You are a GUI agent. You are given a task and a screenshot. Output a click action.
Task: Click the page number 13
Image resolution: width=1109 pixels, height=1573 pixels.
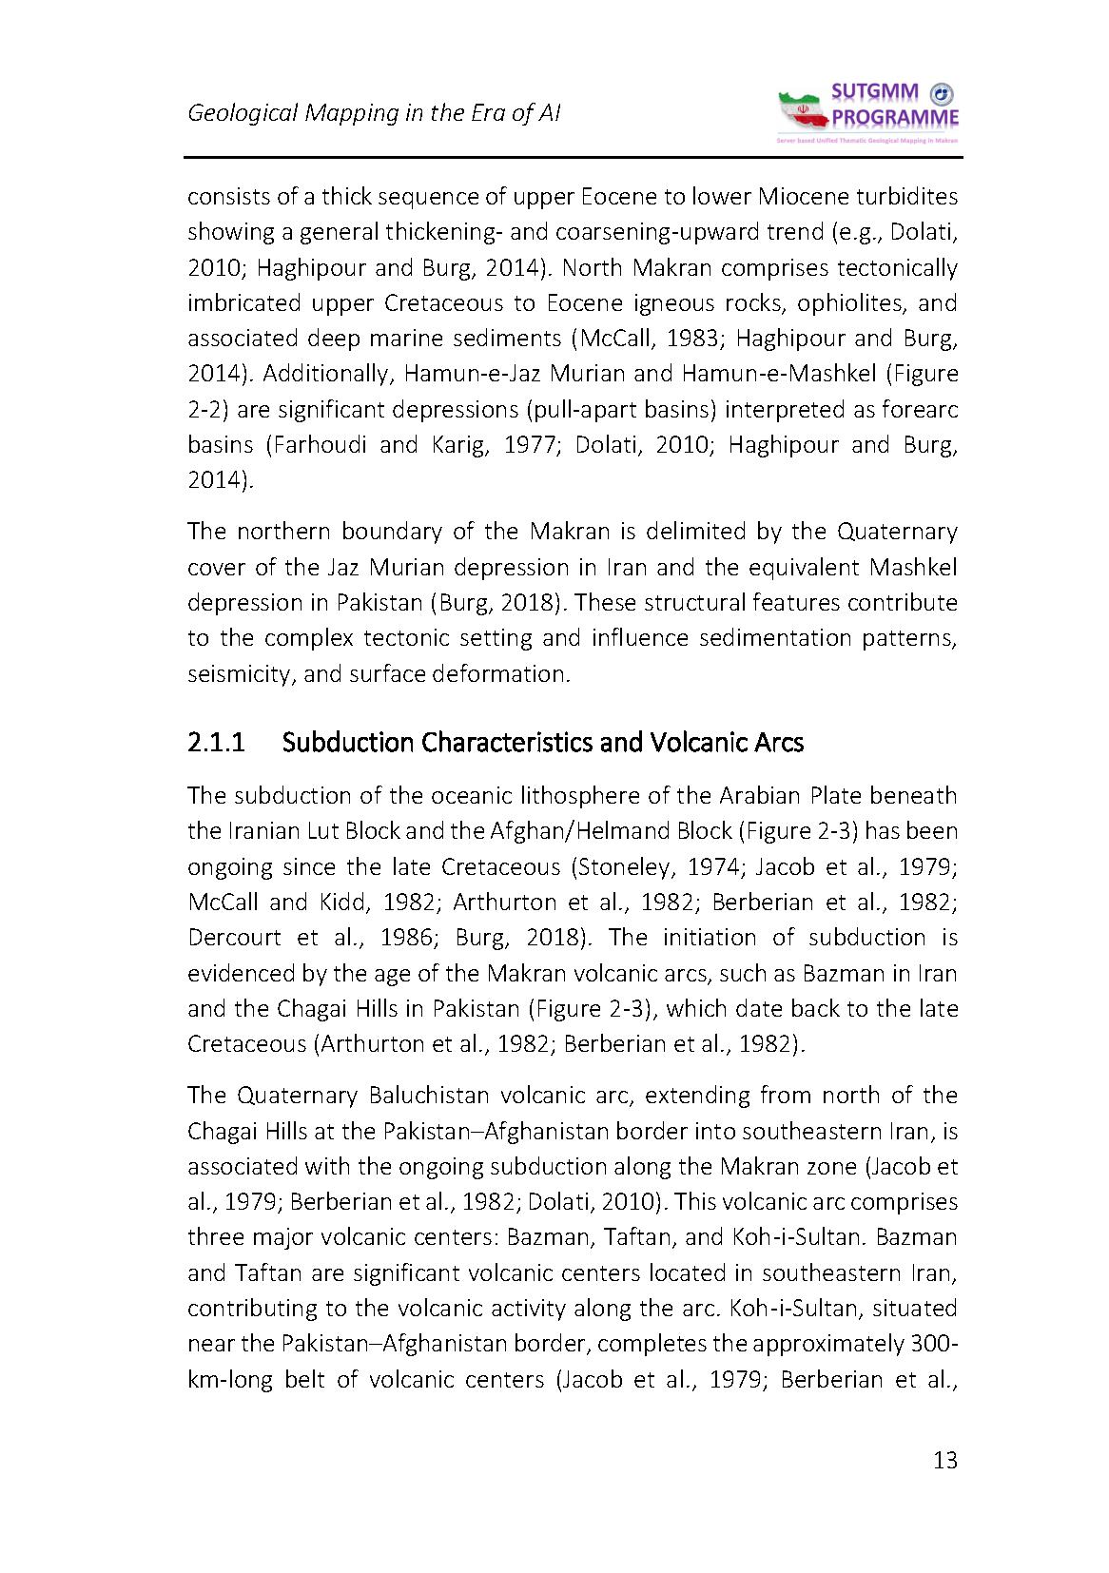tap(944, 1461)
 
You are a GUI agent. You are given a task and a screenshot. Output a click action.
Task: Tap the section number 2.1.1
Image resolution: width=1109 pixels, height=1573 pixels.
tap(217, 742)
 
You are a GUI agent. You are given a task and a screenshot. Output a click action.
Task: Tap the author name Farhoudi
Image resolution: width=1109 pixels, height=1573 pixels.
tap(315, 445)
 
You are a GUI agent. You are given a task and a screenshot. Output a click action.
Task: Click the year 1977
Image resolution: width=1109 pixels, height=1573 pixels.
tap(523, 445)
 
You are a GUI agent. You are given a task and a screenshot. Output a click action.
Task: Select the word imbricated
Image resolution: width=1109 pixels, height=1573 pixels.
tap(234, 303)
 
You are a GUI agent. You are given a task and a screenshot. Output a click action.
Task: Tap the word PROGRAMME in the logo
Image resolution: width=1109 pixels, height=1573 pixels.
tap(895, 118)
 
